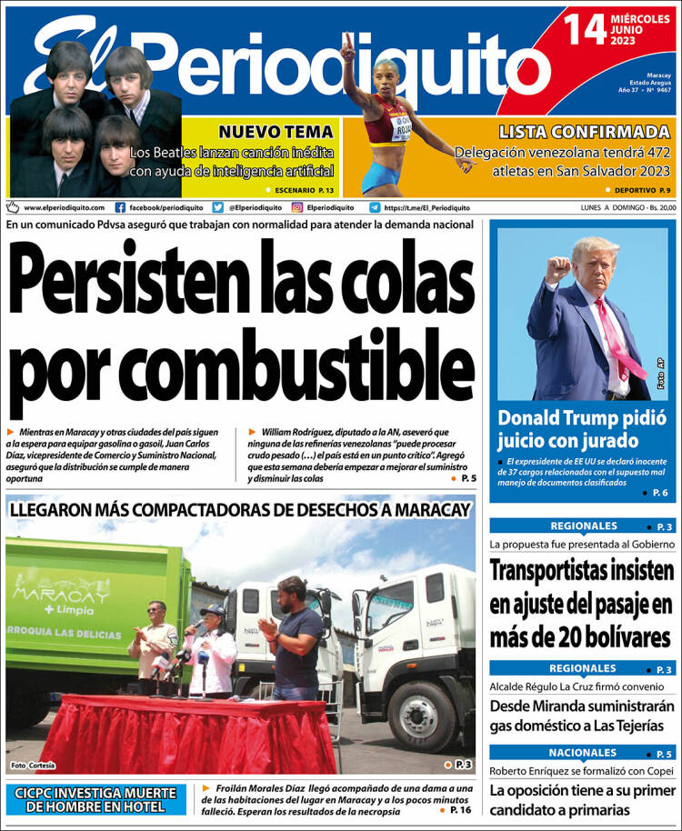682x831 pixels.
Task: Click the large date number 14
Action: (x=586, y=29)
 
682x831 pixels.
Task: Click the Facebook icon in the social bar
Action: (x=120, y=207)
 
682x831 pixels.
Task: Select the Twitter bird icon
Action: (x=218, y=207)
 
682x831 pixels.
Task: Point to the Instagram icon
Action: (x=296, y=207)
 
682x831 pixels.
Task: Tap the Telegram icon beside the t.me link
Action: (x=375, y=207)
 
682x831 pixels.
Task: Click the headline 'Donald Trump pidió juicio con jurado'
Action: (x=567, y=429)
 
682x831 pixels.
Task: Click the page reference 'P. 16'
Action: (x=460, y=810)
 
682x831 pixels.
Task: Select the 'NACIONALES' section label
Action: (x=582, y=753)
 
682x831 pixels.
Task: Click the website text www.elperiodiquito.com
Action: (x=64, y=207)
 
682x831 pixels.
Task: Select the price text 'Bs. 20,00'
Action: (x=657, y=207)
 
